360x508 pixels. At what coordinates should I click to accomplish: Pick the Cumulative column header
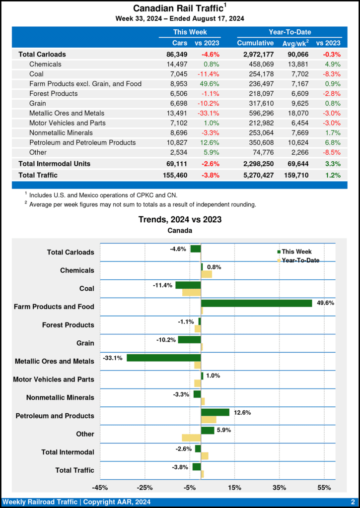(255, 43)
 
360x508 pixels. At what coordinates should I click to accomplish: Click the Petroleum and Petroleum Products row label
(82, 142)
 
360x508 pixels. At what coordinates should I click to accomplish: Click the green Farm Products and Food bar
(256, 303)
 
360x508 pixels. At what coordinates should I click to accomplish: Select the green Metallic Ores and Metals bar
(164, 358)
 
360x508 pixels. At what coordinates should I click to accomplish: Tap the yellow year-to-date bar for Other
(191, 438)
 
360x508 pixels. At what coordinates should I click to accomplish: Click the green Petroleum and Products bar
(215, 412)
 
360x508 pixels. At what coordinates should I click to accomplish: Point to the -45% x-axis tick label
(100, 488)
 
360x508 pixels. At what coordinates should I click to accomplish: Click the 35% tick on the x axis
(279, 488)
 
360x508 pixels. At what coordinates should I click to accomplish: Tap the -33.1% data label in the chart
(113, 358)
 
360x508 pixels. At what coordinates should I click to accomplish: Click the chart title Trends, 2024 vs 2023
(180, 219)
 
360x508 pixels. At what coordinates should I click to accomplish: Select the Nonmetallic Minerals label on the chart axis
(60, 398)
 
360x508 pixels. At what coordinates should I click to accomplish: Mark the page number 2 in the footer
(352, 502)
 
